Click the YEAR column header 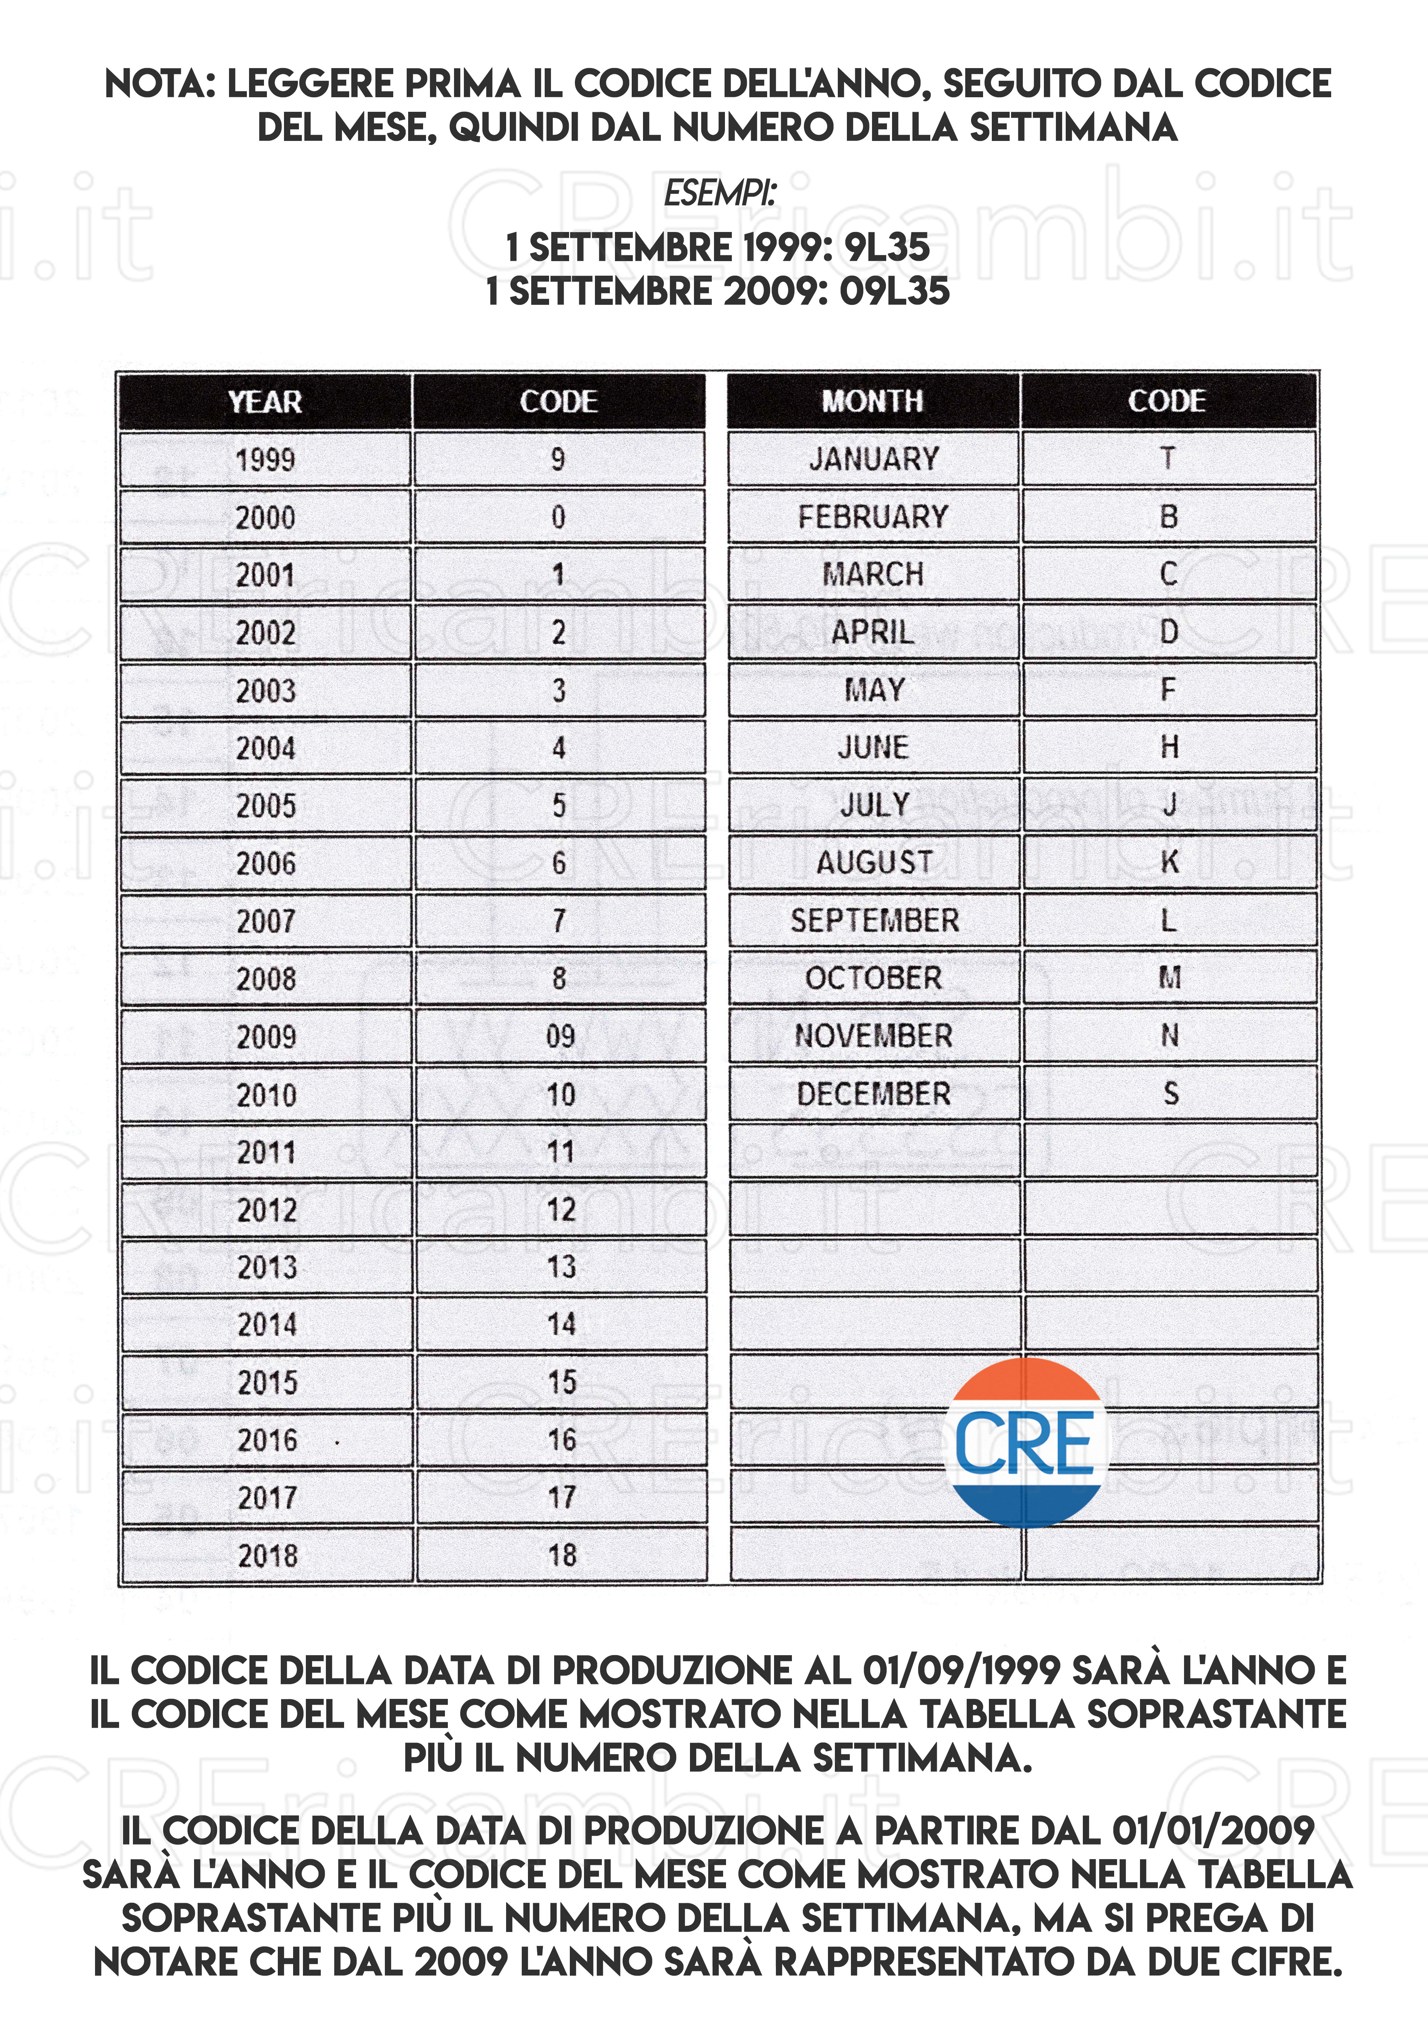(265, 402)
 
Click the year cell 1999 (265, 459)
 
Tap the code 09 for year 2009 (560, 1036)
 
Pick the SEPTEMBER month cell (874, 920)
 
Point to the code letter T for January (1168, 458)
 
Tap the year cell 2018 (268, 1555)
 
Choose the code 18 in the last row (562, 1555)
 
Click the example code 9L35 (886, 247)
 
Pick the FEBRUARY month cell (873, 516)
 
